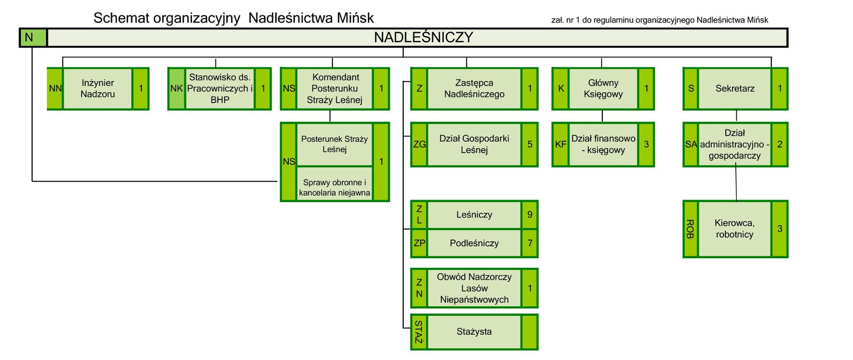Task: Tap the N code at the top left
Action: [29, 38]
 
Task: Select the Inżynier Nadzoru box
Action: [98, 88]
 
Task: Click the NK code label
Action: [176, 88]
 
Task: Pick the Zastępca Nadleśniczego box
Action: [474, 88]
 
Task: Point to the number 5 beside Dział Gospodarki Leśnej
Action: [530, 144]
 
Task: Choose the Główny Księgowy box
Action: [603, 88]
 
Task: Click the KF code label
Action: [560, 144]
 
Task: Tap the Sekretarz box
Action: [735, 88]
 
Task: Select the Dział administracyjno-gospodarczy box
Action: [734, 144]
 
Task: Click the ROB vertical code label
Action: [690, 229]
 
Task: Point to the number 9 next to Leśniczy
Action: [530, 215]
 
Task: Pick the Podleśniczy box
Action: [474, 243]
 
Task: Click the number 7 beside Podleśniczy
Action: [530, 243]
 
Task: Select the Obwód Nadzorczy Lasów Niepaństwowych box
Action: [474, 288]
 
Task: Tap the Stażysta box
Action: [474, 332]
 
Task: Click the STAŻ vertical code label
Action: [419, 332]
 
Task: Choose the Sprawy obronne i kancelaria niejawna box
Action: [334, 188]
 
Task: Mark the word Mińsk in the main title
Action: [355, 18]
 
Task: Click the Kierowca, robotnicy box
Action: [734, 229]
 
